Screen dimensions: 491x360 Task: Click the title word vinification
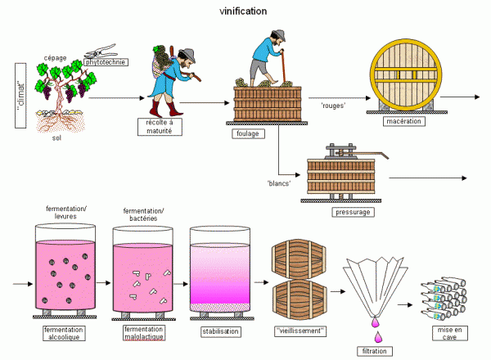tap(243, 11)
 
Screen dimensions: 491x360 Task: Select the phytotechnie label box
tap(106, 62)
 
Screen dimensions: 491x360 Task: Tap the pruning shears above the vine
tap(100, 51)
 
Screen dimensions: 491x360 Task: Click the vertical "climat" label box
tap(20, 96)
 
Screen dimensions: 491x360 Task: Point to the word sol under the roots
tap(56, 137)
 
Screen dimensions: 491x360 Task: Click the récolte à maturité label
tap(160, 127)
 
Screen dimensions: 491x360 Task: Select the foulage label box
tap(248, 133)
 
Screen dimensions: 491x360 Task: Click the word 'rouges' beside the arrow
tap(333, 106)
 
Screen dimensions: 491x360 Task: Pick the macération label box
tap(404, 121)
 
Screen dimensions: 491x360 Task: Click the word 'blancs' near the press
tap(279, 183)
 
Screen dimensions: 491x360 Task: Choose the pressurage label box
tap(353, 212)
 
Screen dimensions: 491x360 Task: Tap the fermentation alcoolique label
tap(64, 333)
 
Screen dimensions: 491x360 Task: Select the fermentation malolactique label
tap(143, 333)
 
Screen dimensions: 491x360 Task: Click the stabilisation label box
tap(220, 331)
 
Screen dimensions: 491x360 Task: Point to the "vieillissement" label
tap(300, 331)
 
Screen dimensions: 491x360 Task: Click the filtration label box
tap(375, 351)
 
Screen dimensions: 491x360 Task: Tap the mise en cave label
tap(449, 333)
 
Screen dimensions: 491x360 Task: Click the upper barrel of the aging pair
tap(299, 259)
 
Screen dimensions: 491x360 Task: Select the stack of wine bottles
tap(444, 299)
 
